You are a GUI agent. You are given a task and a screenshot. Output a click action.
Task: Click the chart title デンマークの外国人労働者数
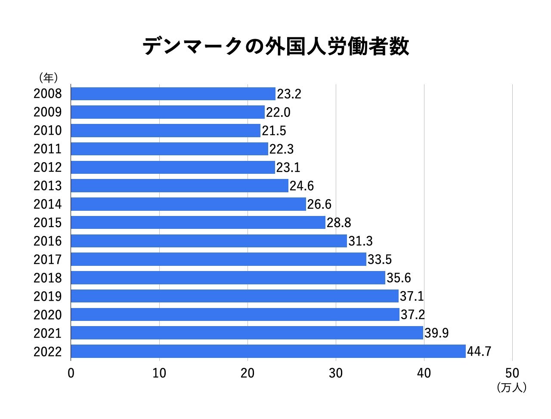pyautogui.click(x=275, y=47)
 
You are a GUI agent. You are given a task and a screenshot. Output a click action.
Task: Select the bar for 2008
pyautogui.click(x=173, y=94)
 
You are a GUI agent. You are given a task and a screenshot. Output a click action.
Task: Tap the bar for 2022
pyautogui.click(x=268, y=351)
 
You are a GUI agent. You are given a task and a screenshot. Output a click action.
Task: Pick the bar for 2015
pyautogui.click(x=198, y=222)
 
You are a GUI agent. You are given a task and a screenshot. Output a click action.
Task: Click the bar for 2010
pyautogui.click(x=166, y=130)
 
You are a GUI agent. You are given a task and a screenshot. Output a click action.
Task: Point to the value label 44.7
pyautogui.click(x=479, y=351)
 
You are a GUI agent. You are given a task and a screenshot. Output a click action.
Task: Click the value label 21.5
pyautogui.click(x=274, y=130)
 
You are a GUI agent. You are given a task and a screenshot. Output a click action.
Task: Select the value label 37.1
pyautogui.click(x=412, y=296)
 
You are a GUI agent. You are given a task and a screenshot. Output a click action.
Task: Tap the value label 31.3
pyautogui.click(x=360, y=241)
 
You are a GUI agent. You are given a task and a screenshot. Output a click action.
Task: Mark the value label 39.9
pyautogui.click(x=437, y=333)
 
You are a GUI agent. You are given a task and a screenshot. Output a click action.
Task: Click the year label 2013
pyautogui.click(x=48, y=186)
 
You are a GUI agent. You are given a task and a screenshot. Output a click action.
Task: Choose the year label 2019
pyautogui.click(x=48, y=296)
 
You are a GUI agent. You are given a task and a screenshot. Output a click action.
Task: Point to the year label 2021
pyautogui.click(x=48, y=333)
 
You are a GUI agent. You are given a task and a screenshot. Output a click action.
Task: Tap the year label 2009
pyautogui.click(x=48, y=112)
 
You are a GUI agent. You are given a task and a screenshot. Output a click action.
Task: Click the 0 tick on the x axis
pyautogui.click(x=71, y=373)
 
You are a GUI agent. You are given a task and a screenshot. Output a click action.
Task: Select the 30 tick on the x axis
pyautogui.click(x=336, y=373)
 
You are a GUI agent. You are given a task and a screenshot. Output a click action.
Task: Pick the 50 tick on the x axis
pyautogui.click(x=512, y=373)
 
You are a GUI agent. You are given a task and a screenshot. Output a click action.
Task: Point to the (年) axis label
pyautogui.click(x=48, y=78)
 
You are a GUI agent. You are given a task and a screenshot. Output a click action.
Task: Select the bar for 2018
pyautogui.click(x=228, y=278)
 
